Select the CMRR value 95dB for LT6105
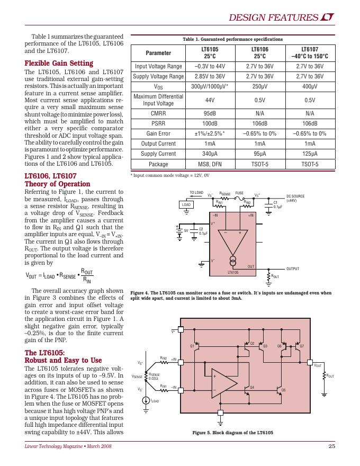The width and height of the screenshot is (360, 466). click(210, 113)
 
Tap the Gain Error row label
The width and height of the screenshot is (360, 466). click(158, 133)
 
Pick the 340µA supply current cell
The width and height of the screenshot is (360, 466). click(210, 154)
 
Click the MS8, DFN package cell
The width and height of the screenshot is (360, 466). click(210, 164)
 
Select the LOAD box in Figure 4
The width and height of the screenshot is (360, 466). click(186, 204)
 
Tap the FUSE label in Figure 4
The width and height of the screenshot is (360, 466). click(239, 193)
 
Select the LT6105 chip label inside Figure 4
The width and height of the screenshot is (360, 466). click(233, 272)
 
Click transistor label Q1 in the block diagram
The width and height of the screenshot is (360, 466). click(192, 346)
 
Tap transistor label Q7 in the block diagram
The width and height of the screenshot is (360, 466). click(302, 346)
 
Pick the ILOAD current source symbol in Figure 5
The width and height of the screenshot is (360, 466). click(146, 400)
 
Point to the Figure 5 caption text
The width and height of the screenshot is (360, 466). click(232, 433)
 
